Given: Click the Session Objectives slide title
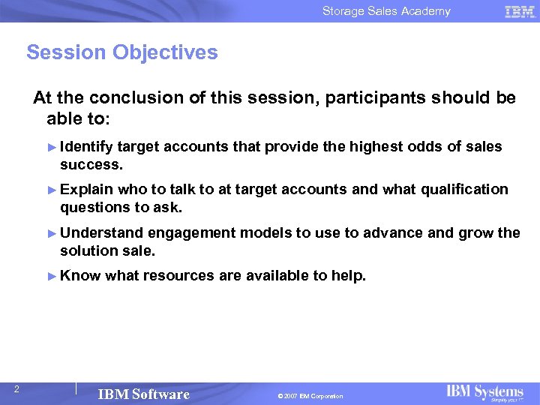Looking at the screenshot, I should pos(122,52).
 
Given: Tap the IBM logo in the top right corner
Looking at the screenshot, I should pos(519,11).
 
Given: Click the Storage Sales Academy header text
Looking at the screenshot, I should pos(386,11).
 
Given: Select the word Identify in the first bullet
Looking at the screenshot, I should pos(86,147).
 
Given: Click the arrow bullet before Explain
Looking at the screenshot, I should pos(52,190).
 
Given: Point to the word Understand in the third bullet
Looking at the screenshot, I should pos(101,232).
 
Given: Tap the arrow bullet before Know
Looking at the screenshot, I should pos(52,276).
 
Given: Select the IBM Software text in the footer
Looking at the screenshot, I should pos(144,394).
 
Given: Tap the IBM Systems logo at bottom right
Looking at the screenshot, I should pos(485,393).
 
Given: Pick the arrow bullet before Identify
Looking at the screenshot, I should pos(52,147).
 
